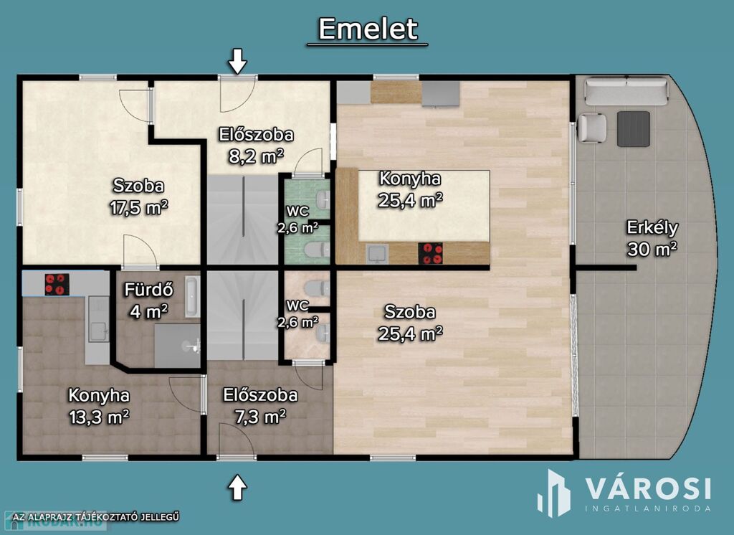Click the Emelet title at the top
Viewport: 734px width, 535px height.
pyautogui.click(x=368, y=29)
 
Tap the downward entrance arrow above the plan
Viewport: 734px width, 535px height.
pyautogui.click(x=238, y=61)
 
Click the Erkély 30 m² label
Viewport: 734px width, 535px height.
pyautogui.click(x=652, y=238)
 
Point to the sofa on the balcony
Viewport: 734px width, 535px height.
pyautogui.click(x=626, y=91)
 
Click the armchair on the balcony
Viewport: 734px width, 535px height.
pyautogui.click(x=592, y=128)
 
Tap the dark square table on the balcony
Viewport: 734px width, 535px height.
pyautogui.click(x=634, y=129)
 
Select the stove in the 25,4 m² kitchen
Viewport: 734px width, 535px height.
pyautogui.click(x=431, y=253)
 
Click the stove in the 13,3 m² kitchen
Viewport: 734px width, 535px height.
pyautogui.click(x=57, y=285)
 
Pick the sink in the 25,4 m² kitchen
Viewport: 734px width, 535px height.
pyautogui.click(x=377, y=254)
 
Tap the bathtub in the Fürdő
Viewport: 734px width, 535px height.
pyautogui.click(x=192, y=297)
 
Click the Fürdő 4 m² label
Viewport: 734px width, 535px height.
pyautogui.click(x=149, y=300)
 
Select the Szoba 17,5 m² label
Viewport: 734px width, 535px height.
pyautogui.click(x=139, y=197)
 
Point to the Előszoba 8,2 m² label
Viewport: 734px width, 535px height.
pyautogui.click(x=257, y=145)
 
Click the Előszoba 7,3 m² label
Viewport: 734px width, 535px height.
pyautogui.click(x=260, y=405)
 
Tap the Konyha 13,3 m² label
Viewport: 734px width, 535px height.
pyautogui.click(x=99, y=406)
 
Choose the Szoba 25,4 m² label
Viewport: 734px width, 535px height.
pyautogui.click(x=410, y=322)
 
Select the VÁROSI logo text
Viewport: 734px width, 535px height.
pyautogui.click(x=649, y=489)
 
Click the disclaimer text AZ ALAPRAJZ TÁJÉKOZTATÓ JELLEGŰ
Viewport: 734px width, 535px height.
pyautogui.click(x=97, y=517)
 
